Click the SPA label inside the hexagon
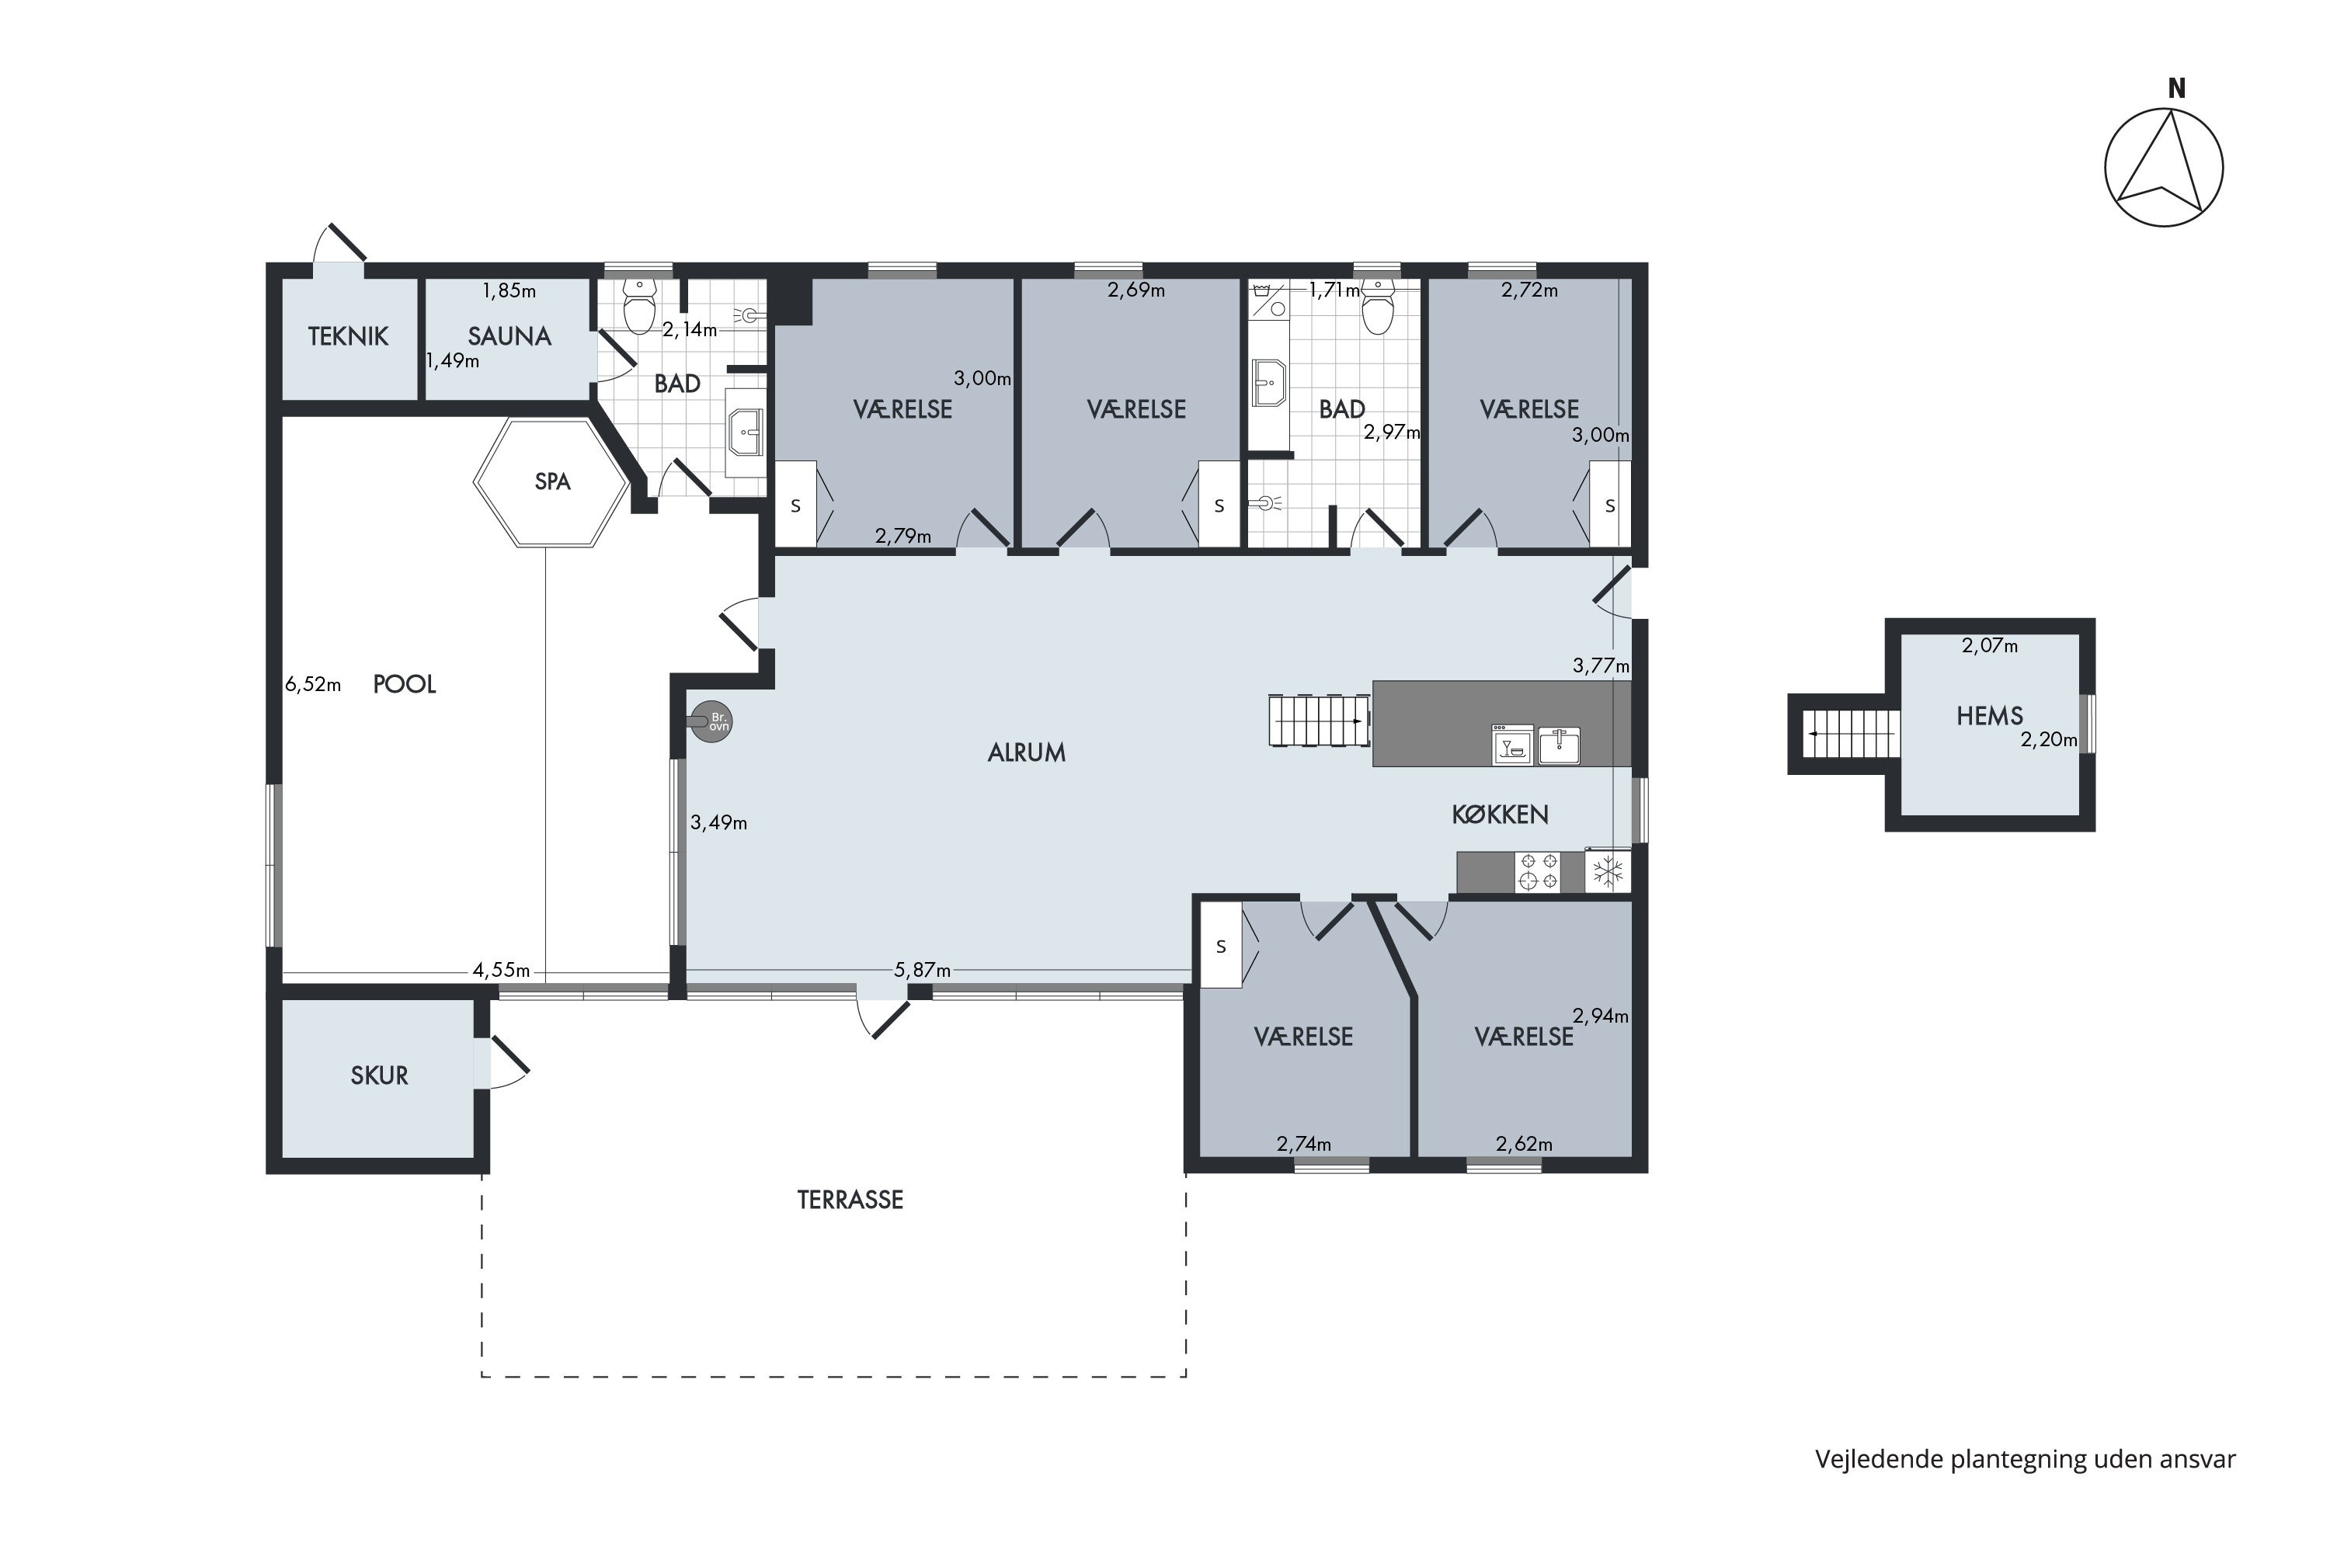pos(551,481)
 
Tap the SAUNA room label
pos(509,337)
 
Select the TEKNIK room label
pos(348,337)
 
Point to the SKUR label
pos(380,1075)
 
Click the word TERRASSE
pos(850,1200)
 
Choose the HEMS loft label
pos(1989,716)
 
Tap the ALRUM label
pos(1026,752)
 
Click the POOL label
pos(404,684)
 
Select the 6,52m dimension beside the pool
pos(313,684)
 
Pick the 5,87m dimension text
pos(923,971)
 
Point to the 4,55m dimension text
pos(501,971)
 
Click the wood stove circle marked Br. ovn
pos(711,721)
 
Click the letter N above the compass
pos(2176,89)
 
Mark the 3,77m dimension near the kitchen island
pos(1601,666)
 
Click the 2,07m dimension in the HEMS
pos(1990,646)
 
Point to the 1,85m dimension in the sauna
pos(509,291)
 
